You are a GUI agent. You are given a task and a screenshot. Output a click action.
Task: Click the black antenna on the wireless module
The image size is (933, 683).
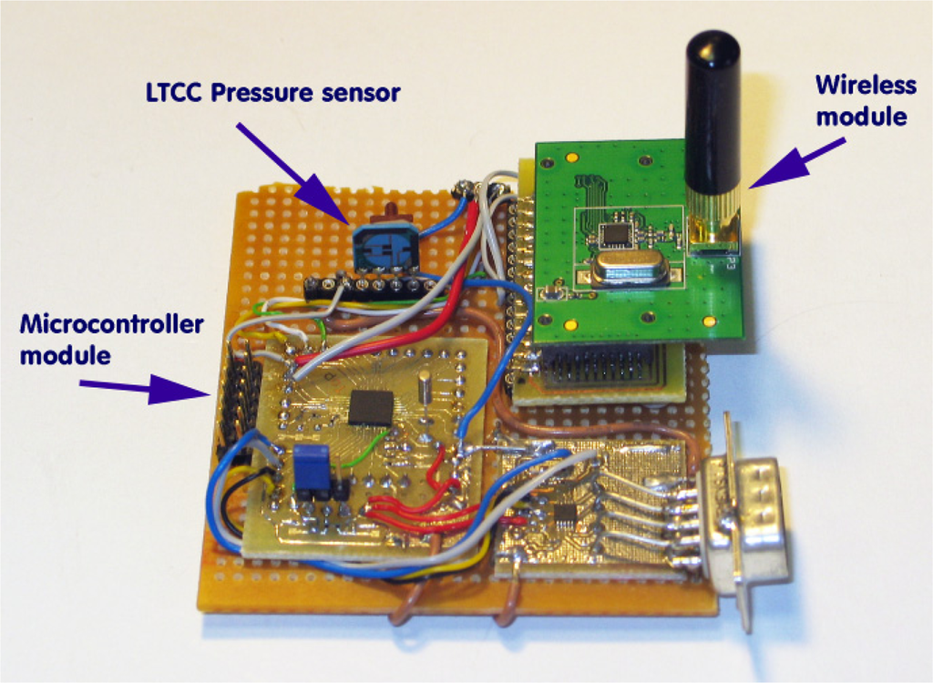pyautogui.click(x=713, y=109)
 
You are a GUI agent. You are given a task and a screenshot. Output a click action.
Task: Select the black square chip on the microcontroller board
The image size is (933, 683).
pyautogui.click(x=371, y=407)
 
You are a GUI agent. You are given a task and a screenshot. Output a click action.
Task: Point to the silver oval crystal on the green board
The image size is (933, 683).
pyautogui.click(x=629, y=270)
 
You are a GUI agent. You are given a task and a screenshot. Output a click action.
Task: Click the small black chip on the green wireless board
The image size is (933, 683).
pyautogui.click(x=617, y=234)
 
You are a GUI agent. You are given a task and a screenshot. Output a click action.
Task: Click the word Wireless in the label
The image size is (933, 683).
pyautogui.click(x=865, y=86)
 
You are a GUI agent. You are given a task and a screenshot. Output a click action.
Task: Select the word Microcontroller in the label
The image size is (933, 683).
pyautogui.click(x=111, y=325)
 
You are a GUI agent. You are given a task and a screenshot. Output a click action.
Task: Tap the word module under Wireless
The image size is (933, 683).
pyautogui.click(x=874, y=117)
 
